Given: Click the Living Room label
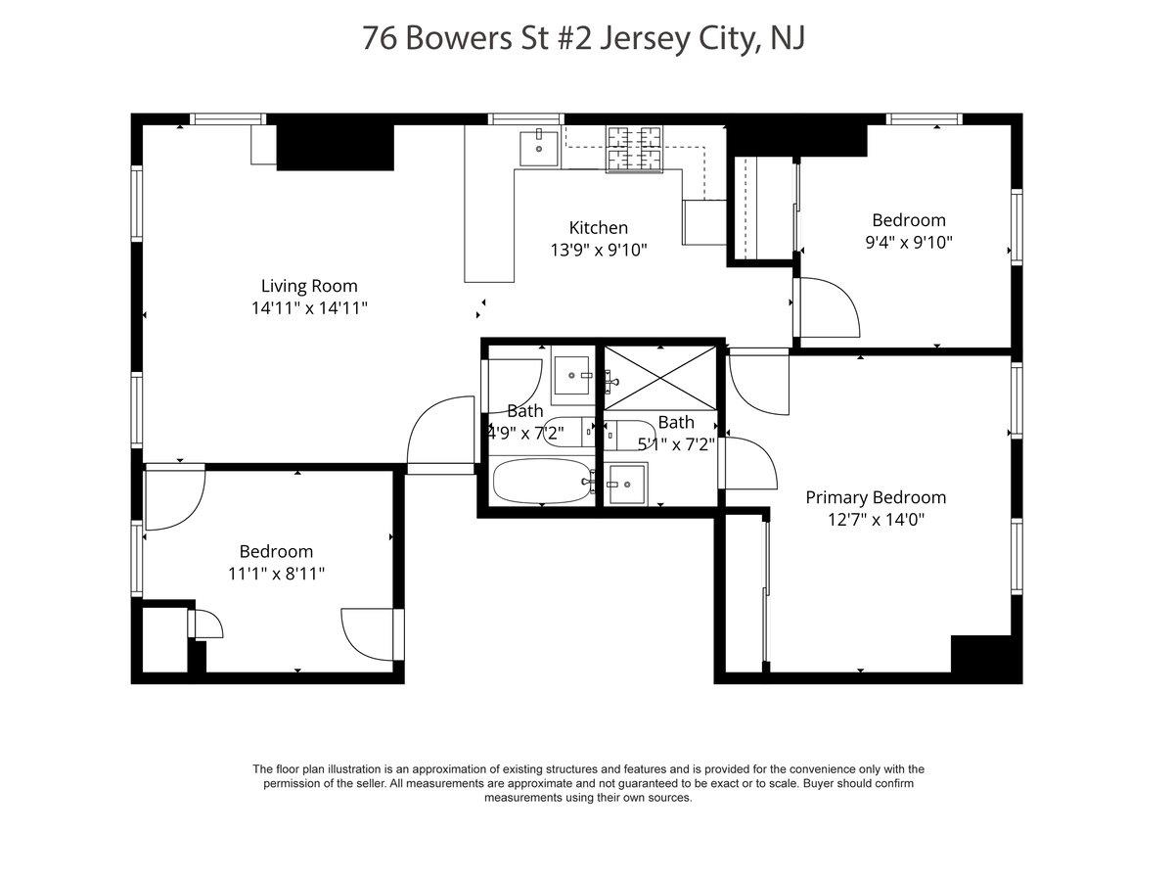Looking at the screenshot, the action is click(x=309, y=286).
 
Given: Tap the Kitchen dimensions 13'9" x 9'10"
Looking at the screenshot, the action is click(x=599, y=250).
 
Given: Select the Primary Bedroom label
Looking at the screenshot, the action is click(x=876, y=497).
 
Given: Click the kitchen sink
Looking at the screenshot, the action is click(x=539, y=148).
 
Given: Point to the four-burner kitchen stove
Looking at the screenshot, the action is click(x=634, y=149).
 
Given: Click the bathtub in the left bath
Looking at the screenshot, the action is click(x=544, y=481).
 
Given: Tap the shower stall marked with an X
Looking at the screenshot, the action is click(x=660, y=379).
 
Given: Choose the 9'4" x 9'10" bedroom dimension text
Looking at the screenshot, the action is click(x=909, y=243).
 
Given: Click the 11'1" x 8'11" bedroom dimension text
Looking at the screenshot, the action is click(x=277, y=574).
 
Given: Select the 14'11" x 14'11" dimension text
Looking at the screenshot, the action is click(x=309, y=308).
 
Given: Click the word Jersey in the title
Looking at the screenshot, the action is click(x=645, y=38).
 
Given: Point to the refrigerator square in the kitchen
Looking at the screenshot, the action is click(x=704, y=222).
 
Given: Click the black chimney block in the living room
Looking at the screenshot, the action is click(x=336, y=147).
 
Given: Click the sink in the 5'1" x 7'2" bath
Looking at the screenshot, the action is click(x=626, y=485).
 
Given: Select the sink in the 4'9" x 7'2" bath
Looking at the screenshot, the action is click(x=573, y=375).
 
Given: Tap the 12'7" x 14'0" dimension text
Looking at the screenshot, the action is click(x=876, y=520).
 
